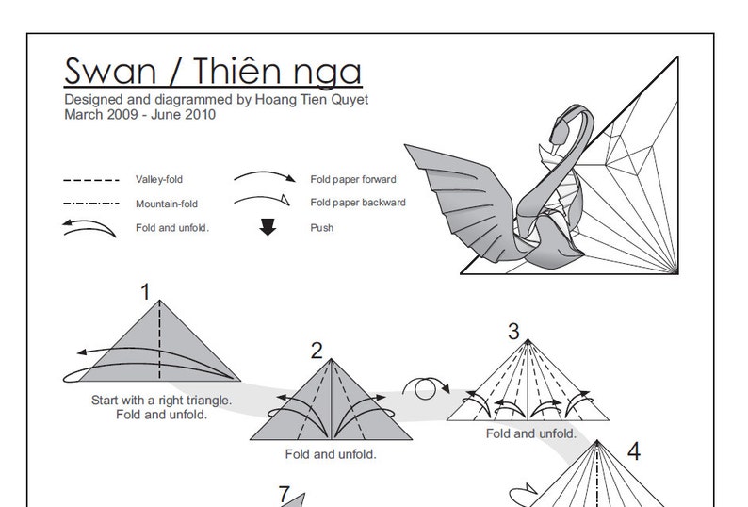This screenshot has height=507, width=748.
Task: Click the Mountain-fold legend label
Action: (167, 204)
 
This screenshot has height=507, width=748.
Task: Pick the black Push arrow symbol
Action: (268, 227)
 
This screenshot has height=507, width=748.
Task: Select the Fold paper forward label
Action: (353, 179)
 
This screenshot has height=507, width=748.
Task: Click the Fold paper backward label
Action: (358, 203)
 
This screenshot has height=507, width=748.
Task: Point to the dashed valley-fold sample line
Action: (91, 179)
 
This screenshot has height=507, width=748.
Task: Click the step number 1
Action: (146, 292)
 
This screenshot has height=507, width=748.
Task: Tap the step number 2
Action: (317, 352)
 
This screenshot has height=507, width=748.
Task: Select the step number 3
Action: (513, 331)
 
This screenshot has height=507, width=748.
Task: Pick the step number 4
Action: (633, 452)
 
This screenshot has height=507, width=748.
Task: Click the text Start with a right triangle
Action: (161, 400)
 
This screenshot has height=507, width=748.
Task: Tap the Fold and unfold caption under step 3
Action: (531, 433)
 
